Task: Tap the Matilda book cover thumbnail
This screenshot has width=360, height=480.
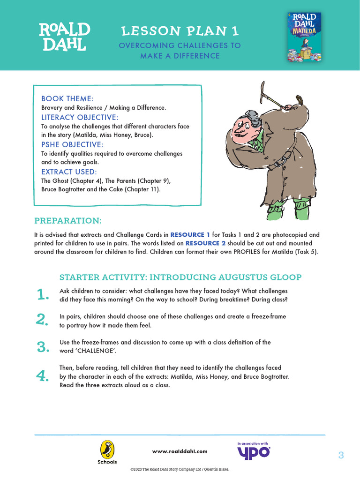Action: pos(304,37)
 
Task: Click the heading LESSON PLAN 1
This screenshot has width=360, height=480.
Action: pos(180,31)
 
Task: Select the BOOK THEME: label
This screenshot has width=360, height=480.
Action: pos(67,98)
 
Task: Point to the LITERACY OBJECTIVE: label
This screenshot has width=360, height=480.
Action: pos(80,117)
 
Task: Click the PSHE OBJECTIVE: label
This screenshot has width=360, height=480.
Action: pos(72,144)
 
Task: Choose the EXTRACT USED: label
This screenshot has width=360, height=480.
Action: pos(69,172)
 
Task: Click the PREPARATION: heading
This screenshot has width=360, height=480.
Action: pos(68,220)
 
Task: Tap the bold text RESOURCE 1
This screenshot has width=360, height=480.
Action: pos(190,234)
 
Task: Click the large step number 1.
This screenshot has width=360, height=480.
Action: pos(43,295)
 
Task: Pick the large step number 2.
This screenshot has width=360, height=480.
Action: pos(43,320)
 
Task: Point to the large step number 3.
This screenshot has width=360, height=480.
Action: pos(43,347)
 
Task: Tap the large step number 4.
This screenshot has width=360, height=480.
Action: pos(43,376)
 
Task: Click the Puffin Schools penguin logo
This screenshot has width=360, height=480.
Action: pos(107,451)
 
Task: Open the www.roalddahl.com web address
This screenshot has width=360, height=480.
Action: pos(180,451)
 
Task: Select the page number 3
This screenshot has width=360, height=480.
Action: pos(341,455)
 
